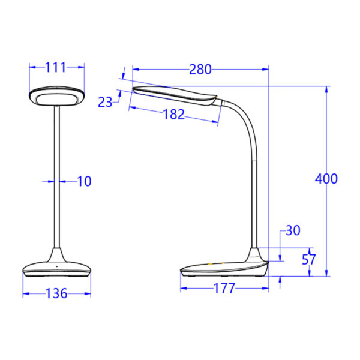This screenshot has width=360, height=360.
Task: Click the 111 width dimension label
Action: [56, 68]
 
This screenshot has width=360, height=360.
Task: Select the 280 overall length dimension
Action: [200, 70]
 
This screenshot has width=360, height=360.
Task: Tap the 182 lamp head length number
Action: [174, 115]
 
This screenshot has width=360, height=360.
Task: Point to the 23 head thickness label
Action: [105, 102]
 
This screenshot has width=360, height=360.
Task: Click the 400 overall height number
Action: [326, 178]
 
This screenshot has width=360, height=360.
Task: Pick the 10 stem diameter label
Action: [85, 181]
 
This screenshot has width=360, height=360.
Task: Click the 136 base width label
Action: [56, 293]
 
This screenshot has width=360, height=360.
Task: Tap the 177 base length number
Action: [224, 289]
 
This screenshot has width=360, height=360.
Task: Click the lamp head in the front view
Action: [56, 95]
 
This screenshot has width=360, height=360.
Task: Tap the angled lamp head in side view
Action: [174, 95]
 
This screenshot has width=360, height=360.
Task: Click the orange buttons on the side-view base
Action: [215, 263]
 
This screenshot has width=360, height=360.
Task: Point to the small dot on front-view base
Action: [56, 265]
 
